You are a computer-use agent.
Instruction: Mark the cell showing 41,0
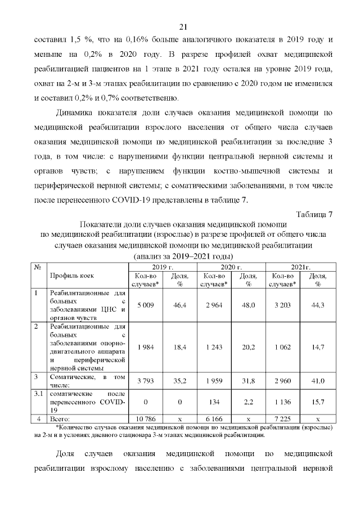(318, 381)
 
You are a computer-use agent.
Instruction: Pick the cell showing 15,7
(318, 402)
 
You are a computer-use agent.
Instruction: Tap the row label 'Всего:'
(60, 419)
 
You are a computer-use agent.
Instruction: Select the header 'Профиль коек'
(72, 276)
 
